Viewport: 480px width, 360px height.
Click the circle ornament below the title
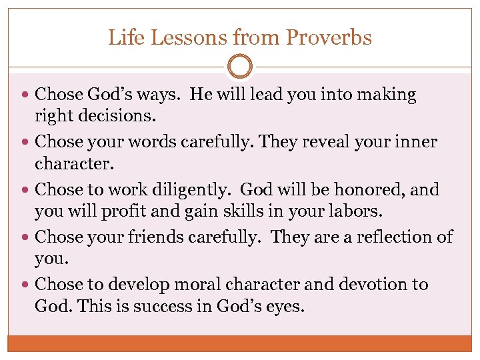pyautogui.click(x=240, y=67)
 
